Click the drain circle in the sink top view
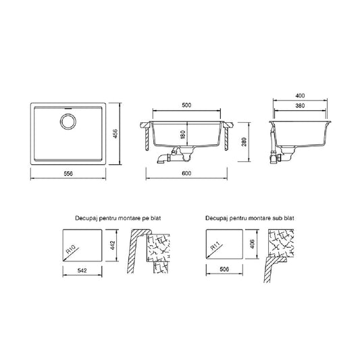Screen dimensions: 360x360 68,121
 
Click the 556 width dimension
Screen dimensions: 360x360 68,174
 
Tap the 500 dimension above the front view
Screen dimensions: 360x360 186,105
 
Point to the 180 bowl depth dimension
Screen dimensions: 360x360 183,134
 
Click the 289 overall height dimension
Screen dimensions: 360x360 244,142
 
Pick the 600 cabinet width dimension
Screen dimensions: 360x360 186,174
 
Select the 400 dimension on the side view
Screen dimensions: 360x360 300,95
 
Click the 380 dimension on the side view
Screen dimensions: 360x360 300,105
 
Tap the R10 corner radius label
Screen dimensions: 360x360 71,249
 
